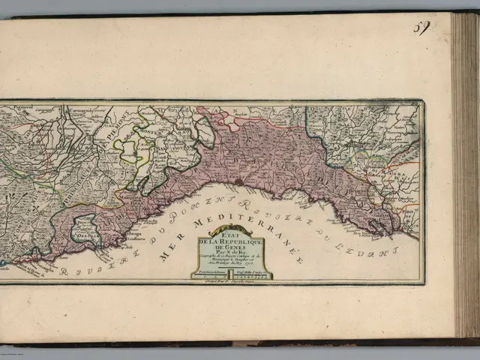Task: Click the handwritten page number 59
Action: tap(422, 28)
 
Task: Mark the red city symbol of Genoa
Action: tap(238, 181)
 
